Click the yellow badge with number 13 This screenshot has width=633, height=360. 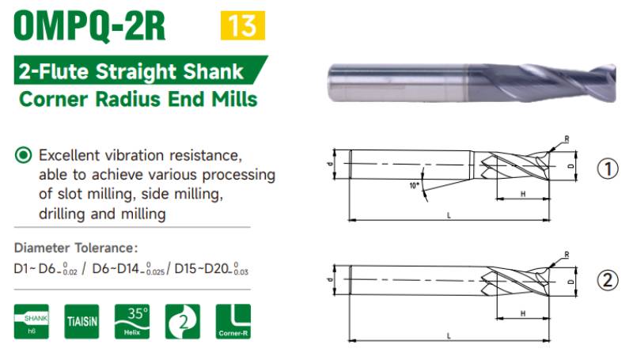pos(243,25)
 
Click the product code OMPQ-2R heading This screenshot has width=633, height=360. pos(89,25)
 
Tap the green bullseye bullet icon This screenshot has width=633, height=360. pos(23,155)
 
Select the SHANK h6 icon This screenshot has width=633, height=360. pos(32,321)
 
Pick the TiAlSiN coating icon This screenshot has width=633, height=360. pos(81,321)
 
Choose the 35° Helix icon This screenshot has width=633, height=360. pos(132,321)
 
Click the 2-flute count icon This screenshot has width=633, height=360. pos(183,321)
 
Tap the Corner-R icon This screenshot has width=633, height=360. pos(233,321)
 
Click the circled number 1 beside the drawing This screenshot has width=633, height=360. pos(608,169)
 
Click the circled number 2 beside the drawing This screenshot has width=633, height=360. pos(608,280)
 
